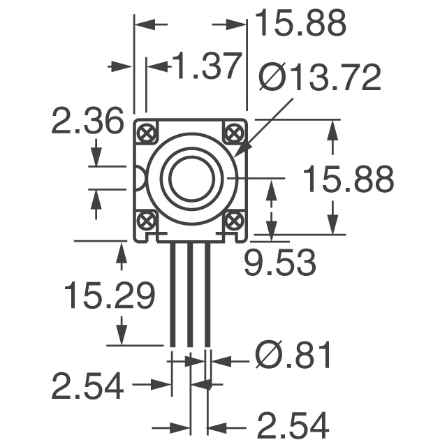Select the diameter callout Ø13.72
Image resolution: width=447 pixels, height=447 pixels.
pos(320,78)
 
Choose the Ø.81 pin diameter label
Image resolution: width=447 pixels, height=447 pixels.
pos(293,356)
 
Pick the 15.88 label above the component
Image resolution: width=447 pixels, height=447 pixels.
pos(300,24)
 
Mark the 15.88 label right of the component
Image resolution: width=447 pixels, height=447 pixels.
pos(348,179)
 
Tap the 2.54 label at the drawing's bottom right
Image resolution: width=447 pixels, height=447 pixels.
pos(293,425)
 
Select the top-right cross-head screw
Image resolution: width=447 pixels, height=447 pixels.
pos(234,132)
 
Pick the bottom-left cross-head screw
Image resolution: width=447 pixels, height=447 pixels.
pos(147,221)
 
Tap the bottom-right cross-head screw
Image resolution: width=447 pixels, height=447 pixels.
pos(234,221)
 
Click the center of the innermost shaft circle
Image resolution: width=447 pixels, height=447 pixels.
pos(190,177)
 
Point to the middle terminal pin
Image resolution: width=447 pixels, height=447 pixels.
pos(190,293)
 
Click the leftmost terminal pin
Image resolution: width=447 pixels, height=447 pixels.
pos(173,293)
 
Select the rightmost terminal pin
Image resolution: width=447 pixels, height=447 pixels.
pos(207,293)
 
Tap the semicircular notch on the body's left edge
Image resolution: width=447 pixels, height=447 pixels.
pos(139,178)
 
